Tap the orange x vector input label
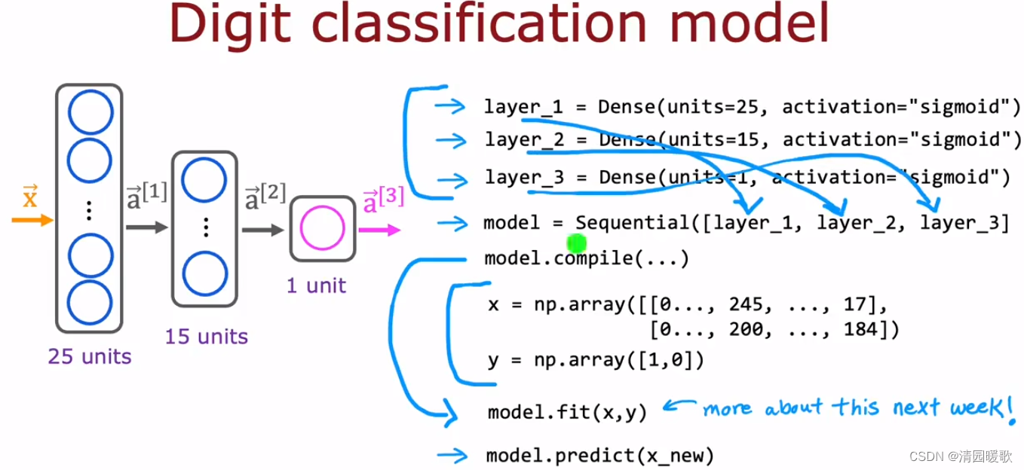(29, 197)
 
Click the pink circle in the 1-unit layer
(323, 228)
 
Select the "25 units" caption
(89, 356)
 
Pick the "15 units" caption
(206, 336)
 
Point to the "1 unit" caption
(316, 285)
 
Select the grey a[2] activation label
(265, 197)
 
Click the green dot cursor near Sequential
(576, 243)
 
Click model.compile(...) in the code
(587, 259)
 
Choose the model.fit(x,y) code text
(567, 412)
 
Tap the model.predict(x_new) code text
(599, 455)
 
